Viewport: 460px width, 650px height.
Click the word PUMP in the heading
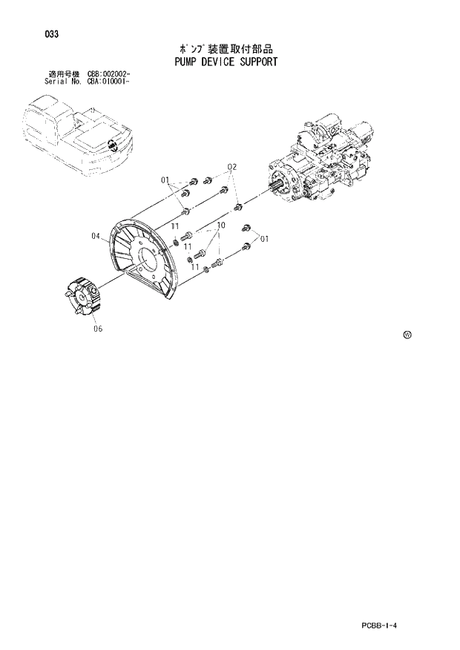coord(180,62)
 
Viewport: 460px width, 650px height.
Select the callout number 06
coord(98,328)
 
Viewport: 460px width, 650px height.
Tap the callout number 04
coord(96,236)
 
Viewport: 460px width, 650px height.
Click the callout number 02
coord(231,166)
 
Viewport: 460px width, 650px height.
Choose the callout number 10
coord(220,225)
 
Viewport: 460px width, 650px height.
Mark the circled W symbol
coord(407,335)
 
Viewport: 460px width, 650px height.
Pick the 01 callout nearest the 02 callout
coord(165,180)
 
